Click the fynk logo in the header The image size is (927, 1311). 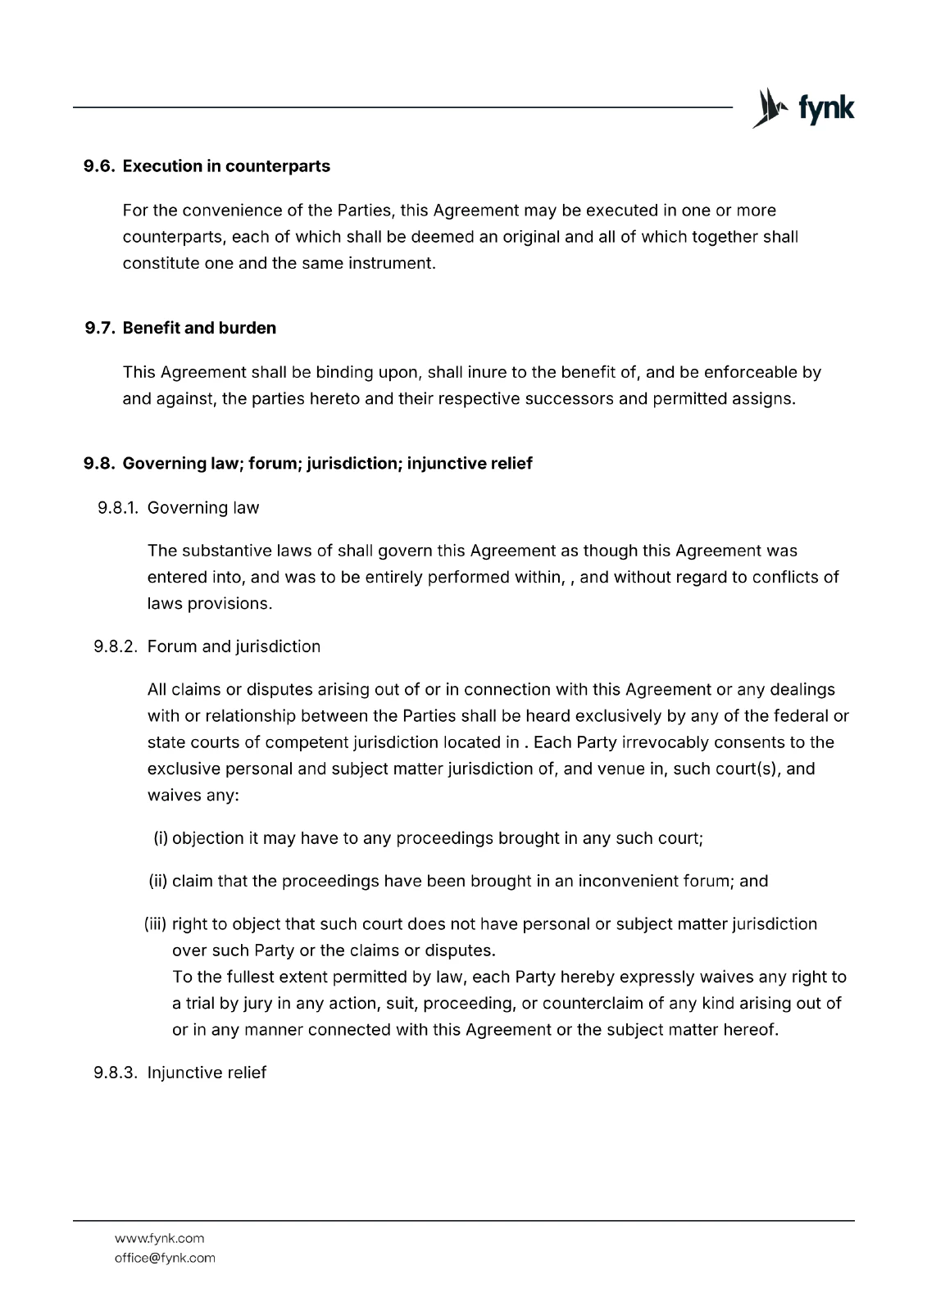click(803, 109)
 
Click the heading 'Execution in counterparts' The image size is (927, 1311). click(226, 166)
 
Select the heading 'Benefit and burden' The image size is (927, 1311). click(199, 329)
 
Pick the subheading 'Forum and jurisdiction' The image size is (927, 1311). click(234, 646)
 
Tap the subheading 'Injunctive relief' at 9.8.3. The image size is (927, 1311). click(207, 1073)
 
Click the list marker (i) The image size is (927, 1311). click(161, 838)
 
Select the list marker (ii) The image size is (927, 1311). click(158, 882)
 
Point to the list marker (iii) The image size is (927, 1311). click(156, 924)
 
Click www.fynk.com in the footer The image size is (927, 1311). click(159, 1238)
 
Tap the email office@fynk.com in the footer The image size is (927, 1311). click(165, 1258)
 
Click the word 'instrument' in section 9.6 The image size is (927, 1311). click(393, 264)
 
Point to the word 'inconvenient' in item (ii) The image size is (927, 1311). click(628, 882)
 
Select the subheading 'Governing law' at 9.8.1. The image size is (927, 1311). click(203, 508)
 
